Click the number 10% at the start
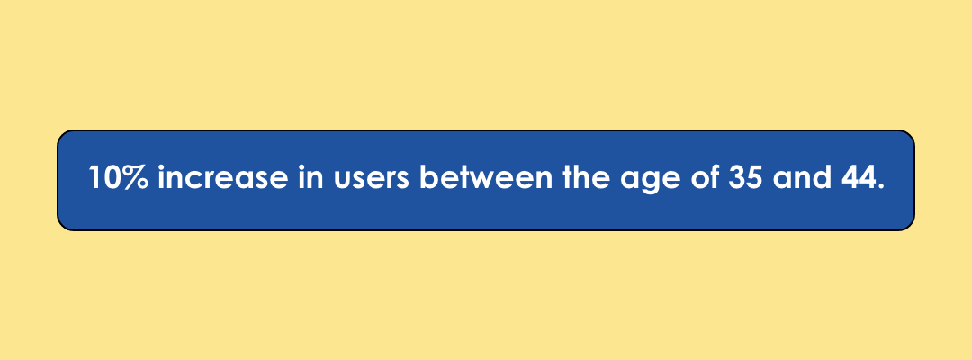119,178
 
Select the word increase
223,178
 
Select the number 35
745,178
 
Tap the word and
802,178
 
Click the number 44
859,178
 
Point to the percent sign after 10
135,178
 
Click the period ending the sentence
880,186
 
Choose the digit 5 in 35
754,178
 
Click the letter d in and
821,178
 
